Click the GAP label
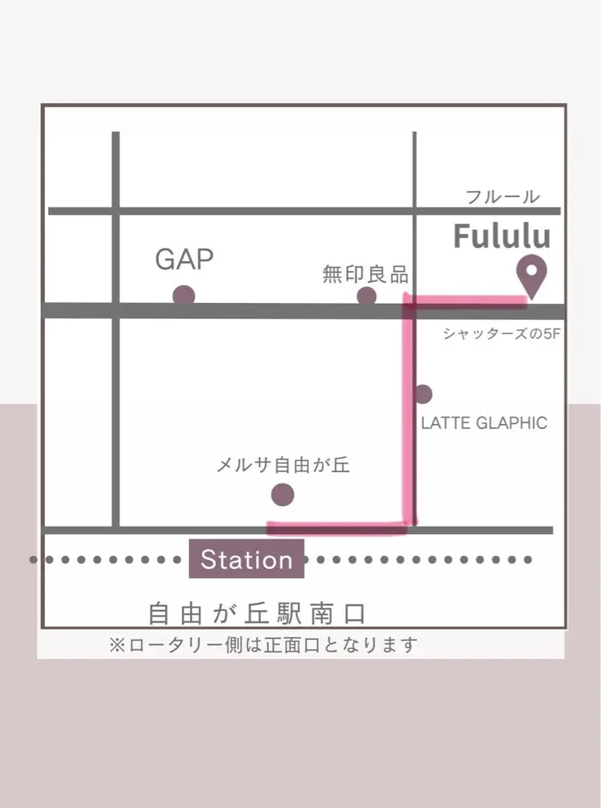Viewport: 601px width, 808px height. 184,259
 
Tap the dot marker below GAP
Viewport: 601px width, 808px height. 184,295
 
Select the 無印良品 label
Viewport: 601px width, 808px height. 365,275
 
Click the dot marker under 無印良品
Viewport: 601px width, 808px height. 366,297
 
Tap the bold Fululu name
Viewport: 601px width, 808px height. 502,236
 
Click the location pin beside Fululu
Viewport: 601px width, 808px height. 530,276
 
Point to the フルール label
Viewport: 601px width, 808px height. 502,196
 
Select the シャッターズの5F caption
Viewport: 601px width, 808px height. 501,334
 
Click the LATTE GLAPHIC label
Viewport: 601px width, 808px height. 484,423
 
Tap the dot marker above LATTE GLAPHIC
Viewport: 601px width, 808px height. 422,394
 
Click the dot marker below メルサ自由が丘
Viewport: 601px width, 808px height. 282,495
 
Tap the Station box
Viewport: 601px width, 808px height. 246,559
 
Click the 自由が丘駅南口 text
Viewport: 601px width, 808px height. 257,613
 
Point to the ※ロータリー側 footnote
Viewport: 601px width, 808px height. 264,644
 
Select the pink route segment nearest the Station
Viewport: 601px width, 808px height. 337,526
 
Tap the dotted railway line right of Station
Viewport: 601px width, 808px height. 417,559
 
